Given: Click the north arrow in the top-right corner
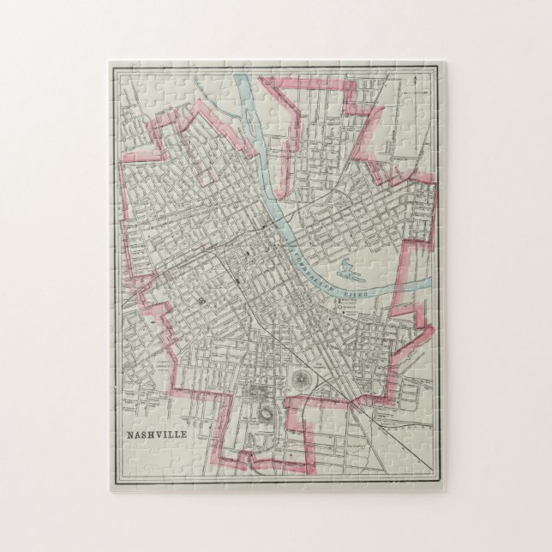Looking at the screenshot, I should (x=414, y=80).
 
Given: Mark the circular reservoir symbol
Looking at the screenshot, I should (x=301, y=378).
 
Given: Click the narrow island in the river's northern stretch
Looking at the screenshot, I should (x=254, y=129).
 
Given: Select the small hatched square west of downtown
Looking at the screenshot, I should (x=202, y=302).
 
